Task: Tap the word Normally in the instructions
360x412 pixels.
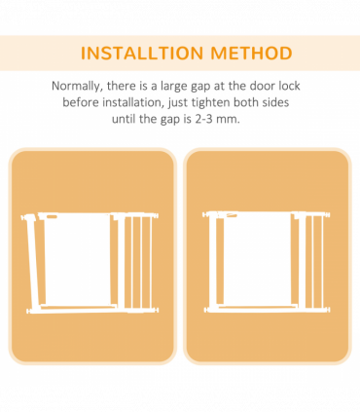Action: [81, 86]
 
